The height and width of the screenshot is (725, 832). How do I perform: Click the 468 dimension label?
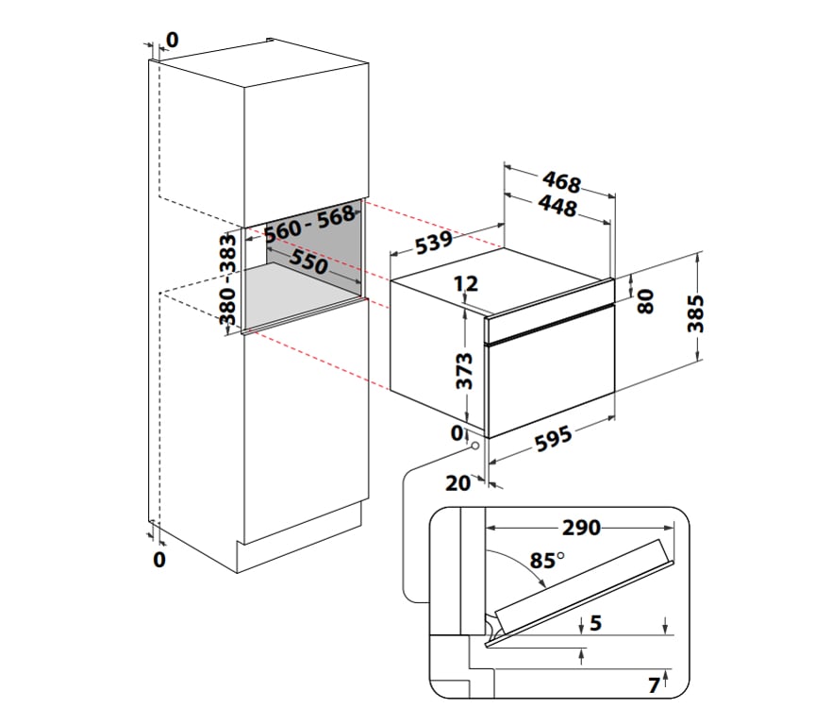560,180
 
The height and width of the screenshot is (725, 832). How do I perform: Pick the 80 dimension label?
646,301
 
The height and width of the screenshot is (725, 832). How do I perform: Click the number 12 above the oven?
465,283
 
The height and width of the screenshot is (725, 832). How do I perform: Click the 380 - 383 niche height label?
227,280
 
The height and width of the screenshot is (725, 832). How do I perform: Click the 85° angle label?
545,561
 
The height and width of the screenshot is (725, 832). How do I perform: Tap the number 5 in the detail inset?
594,623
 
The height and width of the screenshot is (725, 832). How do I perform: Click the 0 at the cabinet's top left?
172,40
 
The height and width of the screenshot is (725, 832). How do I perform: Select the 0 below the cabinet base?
158,560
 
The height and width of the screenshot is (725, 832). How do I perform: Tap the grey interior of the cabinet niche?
325,283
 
